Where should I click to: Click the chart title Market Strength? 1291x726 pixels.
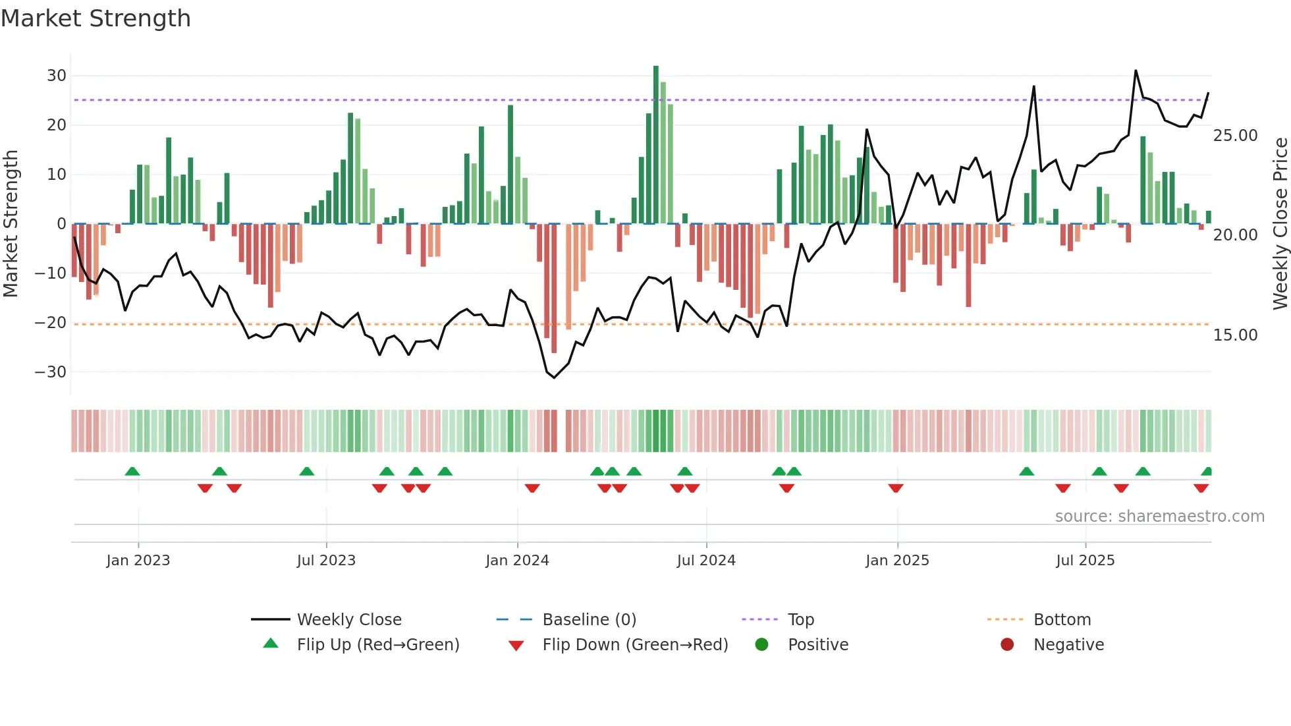[x=96, y=18]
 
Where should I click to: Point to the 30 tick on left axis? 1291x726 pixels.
[x=57, y=76]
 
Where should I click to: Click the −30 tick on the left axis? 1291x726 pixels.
[x=51, y=372]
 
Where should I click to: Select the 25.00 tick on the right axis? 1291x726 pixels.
[x=1235, y=136]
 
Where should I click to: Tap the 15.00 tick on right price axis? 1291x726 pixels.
[x=1235, y=335]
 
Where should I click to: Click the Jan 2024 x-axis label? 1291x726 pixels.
[x=517, y=561]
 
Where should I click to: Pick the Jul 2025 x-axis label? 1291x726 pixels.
[x=1085, y=561]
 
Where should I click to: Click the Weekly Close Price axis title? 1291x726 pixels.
[x=1280, y=224]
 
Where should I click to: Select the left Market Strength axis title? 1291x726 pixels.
[x=11, y=224]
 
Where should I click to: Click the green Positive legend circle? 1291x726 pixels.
[x=761, y=645]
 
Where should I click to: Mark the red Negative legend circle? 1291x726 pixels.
[x=1007, y=645]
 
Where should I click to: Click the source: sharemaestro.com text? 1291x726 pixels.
[x=1159, y=517]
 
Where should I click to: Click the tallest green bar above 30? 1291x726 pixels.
[x=656, y=145]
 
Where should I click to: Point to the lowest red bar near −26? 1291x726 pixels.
[x=554, y=290]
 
